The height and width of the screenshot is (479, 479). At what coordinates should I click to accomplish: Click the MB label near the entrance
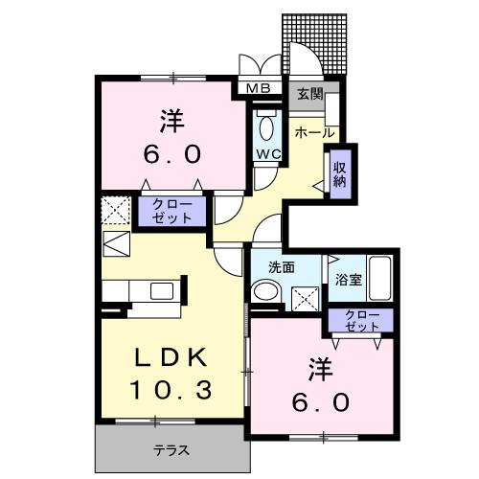click(x=259, y=89)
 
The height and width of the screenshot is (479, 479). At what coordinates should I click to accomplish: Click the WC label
click(x=265, y=154)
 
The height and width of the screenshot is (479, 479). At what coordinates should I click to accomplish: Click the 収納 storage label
click(x=340, y=173)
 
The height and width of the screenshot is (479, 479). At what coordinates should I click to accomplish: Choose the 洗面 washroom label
click(x=282, y=267)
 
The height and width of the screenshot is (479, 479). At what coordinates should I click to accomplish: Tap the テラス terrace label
click(x=171, y=448)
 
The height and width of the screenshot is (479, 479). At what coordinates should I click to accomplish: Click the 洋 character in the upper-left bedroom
click(x=171, y=122)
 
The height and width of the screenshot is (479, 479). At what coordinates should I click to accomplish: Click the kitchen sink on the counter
click(x=162, y=290)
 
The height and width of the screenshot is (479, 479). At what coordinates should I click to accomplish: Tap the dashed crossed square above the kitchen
click(x=114, y=209)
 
